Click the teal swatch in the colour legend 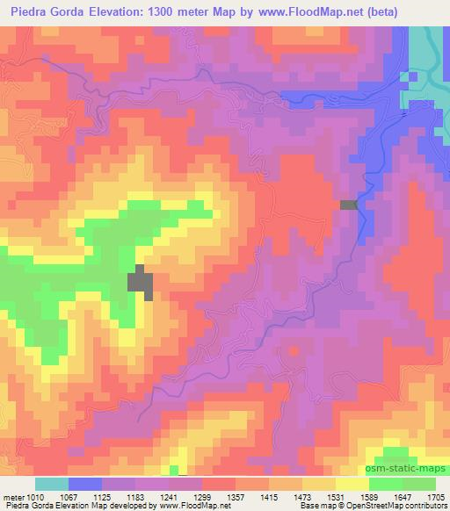pos(52,484)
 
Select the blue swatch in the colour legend pos(85,484)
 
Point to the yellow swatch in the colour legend pos(352,484)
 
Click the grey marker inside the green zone pos(141,282)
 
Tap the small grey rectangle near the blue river pos(349,205)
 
